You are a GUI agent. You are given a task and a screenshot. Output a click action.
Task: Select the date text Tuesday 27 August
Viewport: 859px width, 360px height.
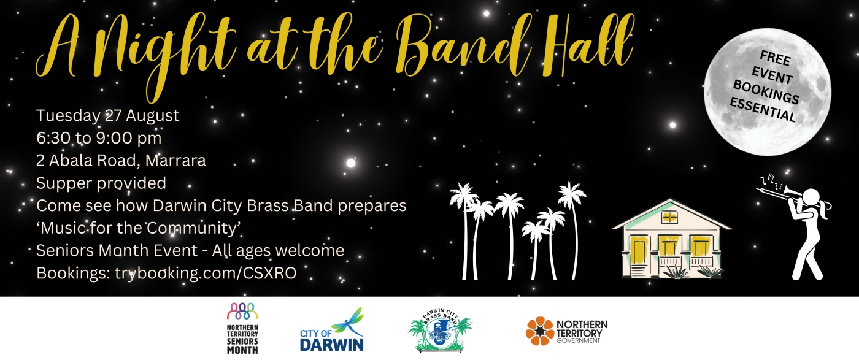point(108,115)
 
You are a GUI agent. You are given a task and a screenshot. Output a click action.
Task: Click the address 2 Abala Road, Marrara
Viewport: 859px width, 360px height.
point(121,161)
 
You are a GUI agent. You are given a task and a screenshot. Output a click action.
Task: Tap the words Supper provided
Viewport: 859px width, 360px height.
point(101,183)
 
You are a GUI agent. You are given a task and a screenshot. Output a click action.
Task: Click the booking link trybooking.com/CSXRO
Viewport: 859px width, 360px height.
point(206,273)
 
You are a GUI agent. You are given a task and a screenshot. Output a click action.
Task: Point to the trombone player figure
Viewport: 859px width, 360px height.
point(804,227)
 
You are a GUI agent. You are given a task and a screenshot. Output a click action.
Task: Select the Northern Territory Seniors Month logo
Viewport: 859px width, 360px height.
point(242,328)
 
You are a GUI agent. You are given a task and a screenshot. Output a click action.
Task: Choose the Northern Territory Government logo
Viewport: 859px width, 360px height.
point(566,331)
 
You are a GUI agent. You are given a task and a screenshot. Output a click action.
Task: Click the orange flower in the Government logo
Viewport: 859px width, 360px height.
point(539,331)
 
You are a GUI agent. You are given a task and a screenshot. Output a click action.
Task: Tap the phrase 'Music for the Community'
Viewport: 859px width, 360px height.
point(138,228)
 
